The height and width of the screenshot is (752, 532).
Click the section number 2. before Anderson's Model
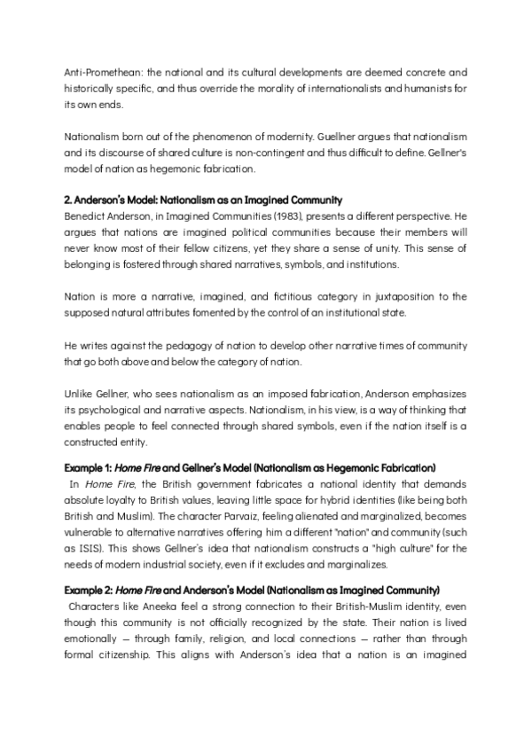(x=68, y=201)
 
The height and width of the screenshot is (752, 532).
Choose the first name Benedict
(x=86, y=217)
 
